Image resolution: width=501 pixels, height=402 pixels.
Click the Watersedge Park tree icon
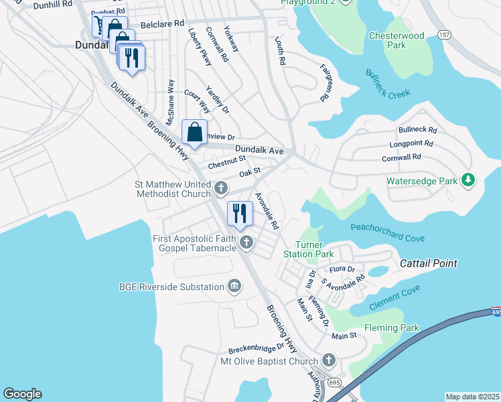[x=468, y=180]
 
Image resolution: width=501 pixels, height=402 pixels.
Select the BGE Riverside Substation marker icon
[x=234, y=287]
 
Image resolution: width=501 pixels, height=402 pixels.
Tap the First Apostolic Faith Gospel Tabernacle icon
[x=246, y=243]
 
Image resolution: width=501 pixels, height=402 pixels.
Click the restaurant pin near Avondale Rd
[x=240, y=214]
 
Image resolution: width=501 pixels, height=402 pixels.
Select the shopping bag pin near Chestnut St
[x=194, y=132]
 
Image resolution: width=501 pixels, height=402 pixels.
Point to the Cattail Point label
[x=429, y=263]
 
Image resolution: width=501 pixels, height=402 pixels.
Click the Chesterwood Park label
[x=397, y=40]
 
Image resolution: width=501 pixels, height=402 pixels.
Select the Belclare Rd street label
[x=161, y=23]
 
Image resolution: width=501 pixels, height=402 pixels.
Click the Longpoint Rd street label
[x=411, y=143]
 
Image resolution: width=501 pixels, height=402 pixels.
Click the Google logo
[x=22, y=394]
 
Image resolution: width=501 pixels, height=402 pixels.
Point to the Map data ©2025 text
[x=472, y=397]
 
